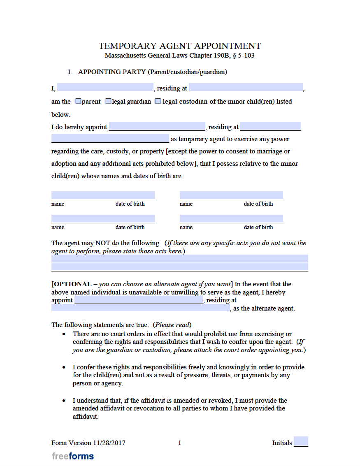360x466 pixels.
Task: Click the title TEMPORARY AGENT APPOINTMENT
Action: pyautogui.click(x=180, y=46)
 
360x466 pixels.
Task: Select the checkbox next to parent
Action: pyautogui.click(x=78, y=101)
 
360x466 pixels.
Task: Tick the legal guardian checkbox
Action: pyautogui.click(x=108, y=101)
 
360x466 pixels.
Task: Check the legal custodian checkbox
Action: pyautogui.click(x=158, y=101)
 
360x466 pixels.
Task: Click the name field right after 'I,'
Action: pyautogui.click(x=105, y=88)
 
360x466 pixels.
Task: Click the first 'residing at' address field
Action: pyautogui.click(x=246, y=88)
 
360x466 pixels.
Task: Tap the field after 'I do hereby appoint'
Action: pyautogui.click(x=157, y=127)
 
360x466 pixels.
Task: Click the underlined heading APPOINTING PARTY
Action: pyautogui.click(x=112, y=72)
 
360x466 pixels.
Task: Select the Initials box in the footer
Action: pyautogui.click(x=301, y=441)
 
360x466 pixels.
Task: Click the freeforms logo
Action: pyautogui.click(x=73, y=456)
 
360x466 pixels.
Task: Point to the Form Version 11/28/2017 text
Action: pyautogui.click(x=88, y=443)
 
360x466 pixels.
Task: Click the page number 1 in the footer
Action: pyautogui.click(x=179, y=443)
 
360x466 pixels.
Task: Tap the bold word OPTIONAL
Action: pyautogui.click(x=72, y=284)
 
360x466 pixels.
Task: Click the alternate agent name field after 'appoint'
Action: pyautogui.click(x=139, y=300)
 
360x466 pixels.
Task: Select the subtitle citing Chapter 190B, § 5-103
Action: pyautogui.click(x=179, y=56)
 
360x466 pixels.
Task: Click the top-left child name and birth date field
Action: pyautogui.click(x=103, y=195)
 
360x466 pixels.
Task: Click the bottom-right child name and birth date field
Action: pyautogui.click(x=231, y=219)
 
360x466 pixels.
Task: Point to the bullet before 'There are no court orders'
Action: pyautogui.click(x=64, y=334)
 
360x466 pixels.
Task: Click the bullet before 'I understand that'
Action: pyautogui.click(x=64, y=401)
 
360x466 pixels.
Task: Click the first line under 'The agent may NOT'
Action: pyautogui.click(x=179, y=259)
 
